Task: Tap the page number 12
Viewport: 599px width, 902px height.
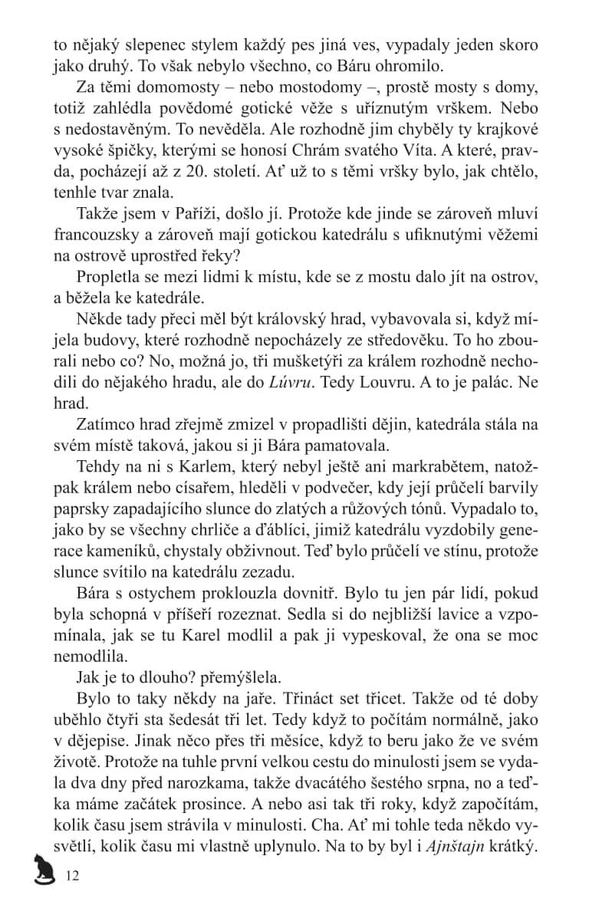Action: tap(73, 875)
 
